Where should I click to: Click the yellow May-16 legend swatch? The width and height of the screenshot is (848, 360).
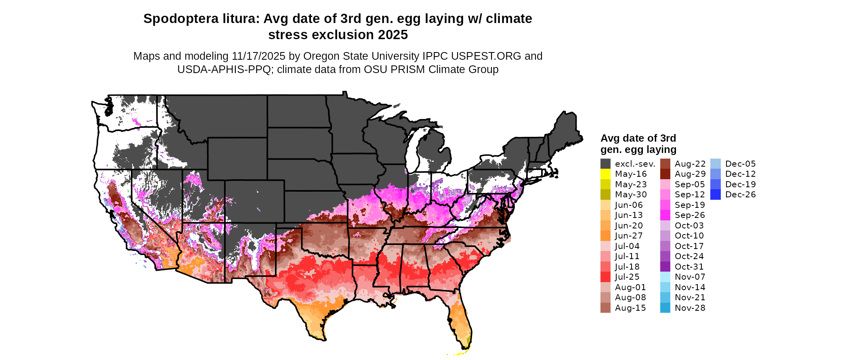point(605,174)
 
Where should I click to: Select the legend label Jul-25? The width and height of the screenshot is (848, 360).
point(627,277)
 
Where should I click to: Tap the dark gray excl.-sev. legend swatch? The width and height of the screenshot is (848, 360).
point(605,164)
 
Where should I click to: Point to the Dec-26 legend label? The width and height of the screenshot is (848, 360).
point(740,195)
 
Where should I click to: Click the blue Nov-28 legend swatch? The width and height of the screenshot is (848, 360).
point(665,308)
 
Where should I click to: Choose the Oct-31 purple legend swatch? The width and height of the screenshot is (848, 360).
point(665,267)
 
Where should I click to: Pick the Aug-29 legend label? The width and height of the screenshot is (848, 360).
point(690,174)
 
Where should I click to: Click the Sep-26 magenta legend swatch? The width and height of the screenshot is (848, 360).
point(665,215)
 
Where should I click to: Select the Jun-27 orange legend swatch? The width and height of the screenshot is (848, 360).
point(605,236)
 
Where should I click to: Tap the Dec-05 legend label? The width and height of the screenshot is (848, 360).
point(740,164)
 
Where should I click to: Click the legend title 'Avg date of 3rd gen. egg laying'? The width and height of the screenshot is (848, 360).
point(638,144)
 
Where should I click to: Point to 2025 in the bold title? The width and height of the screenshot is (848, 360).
point(393,35)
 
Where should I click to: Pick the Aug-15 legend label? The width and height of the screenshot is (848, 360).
point(630,308)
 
